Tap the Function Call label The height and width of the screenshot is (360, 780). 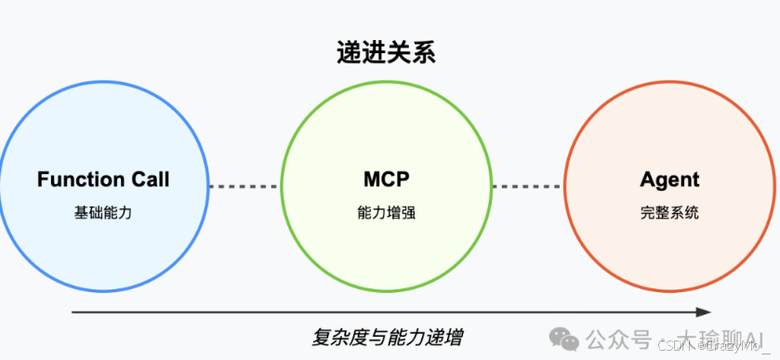103,180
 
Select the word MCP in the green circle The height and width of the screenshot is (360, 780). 386,180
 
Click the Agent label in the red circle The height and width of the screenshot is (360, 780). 669,180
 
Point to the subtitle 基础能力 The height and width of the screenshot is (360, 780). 103,212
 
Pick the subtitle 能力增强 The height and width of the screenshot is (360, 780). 386,212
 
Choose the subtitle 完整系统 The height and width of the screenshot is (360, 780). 669,212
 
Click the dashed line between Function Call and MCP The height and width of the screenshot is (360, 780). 245,186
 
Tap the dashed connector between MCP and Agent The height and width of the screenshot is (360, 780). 527,186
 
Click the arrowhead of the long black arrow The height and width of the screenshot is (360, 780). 704,312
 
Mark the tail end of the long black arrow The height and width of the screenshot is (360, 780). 73,312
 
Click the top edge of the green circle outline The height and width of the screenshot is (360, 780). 386,82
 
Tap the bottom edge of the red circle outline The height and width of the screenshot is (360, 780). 669,290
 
